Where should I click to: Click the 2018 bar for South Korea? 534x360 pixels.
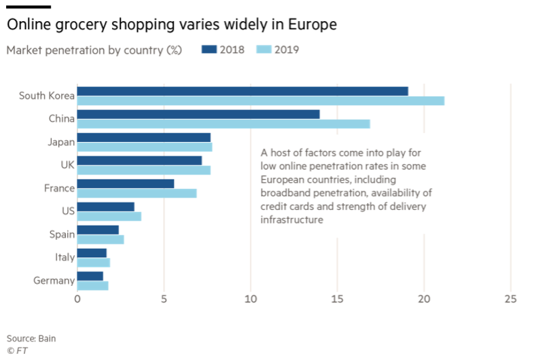click(x=243, y=91)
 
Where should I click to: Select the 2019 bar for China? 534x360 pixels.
click(x=224, y=124)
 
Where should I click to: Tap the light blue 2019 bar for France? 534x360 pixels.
click(x=137, y=193)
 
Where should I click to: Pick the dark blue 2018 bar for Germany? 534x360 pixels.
click(x=90, y=276)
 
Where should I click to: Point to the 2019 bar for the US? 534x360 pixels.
click(x=109, y=216)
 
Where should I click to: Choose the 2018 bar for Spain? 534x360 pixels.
click(x=98, y=230)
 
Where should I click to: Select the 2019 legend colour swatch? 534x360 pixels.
click(x=263, y=50)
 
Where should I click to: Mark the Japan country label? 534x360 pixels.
click(x=60, y=142)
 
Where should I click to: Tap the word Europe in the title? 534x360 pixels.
click(x=310, y=25)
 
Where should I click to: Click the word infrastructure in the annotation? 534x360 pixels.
click(x=290, y=220)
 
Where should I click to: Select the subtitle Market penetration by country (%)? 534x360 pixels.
click(x=94, y=50)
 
